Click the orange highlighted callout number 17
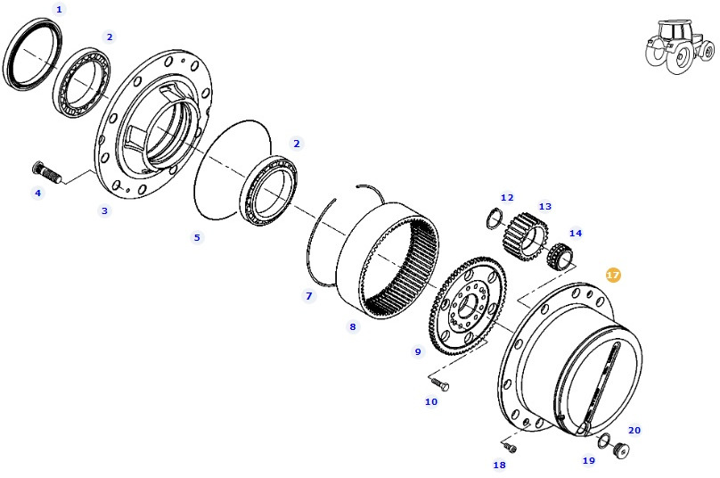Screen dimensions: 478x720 coord(612,276)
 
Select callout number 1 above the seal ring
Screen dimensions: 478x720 coord(60,9)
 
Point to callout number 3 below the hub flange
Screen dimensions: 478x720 coord(104,210)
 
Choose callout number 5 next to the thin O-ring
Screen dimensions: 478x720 coord(198,237)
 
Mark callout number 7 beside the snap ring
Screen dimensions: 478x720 coord(309,295)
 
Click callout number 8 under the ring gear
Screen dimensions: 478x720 coord(352,327)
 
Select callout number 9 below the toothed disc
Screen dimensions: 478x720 coord(417,352)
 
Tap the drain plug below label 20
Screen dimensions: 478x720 coord(621,449)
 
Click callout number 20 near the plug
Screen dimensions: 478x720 coord(634,430)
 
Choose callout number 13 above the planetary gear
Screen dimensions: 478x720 coord(544,206)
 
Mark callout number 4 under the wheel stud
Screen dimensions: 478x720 coord(37,193)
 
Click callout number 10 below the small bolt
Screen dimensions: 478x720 coord(431,402)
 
